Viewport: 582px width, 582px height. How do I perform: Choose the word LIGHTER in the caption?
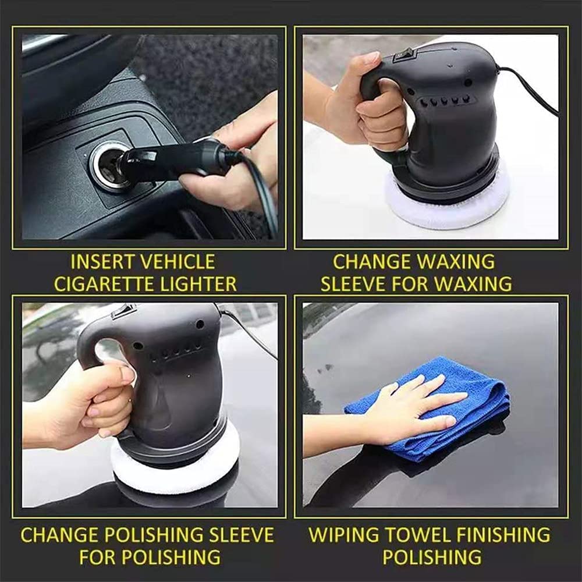point(201,283)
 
